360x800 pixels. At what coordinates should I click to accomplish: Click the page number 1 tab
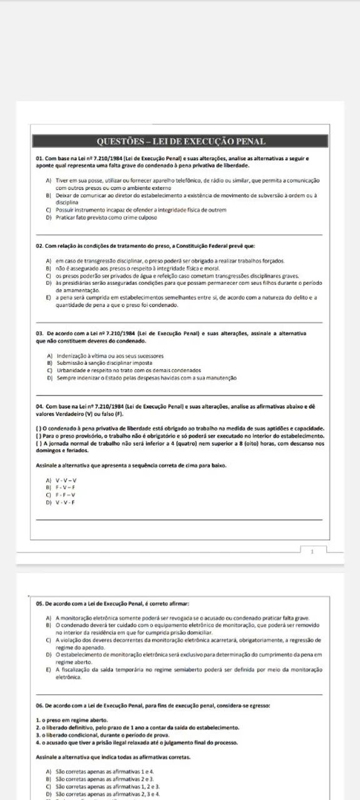312,552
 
